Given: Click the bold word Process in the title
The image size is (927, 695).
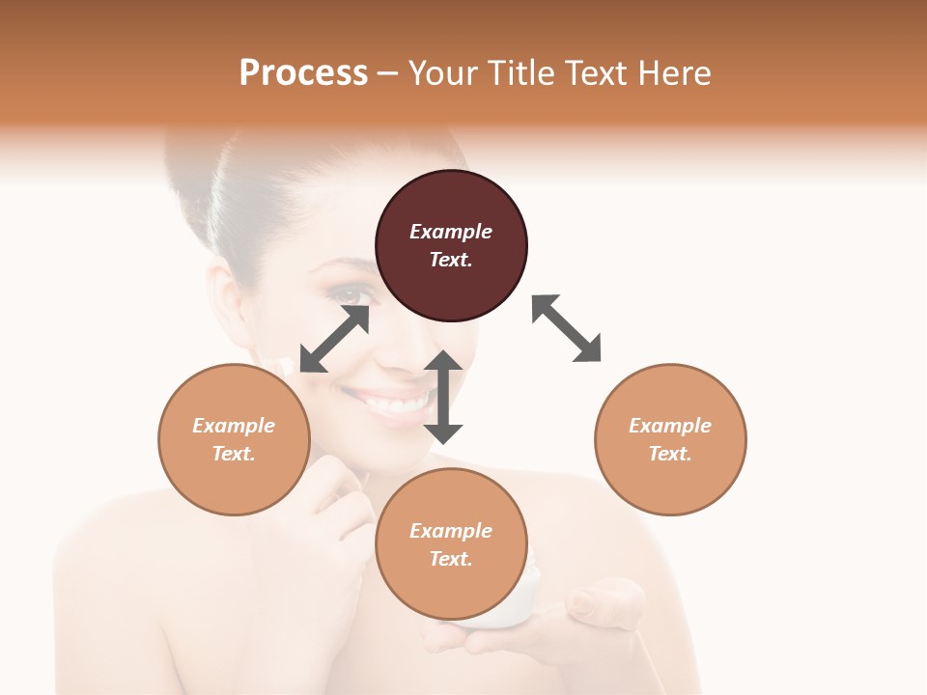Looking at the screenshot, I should pos(303,73).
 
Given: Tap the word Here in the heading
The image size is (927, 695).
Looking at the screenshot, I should pos(675,73).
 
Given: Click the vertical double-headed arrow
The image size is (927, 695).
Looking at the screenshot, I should pos(443,397).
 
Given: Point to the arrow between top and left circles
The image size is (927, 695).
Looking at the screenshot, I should pos(335,338).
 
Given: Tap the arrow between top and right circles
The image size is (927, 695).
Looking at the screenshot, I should pos(566,328).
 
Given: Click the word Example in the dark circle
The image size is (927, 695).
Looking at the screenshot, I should pos(451,232).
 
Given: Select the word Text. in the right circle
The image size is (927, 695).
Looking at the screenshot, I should pos(670,454).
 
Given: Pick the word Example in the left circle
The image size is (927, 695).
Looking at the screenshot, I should pos(234,426).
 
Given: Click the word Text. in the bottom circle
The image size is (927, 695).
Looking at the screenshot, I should pos(451,559).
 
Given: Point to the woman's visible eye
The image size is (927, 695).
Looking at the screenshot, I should pos(354,295).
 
